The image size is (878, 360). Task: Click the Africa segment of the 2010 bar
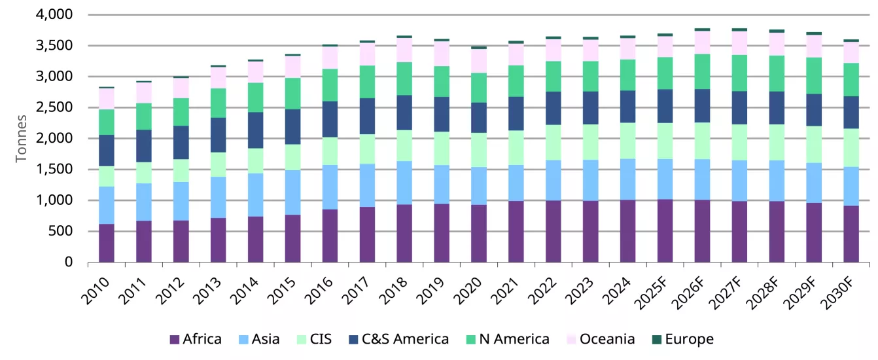[107, 243]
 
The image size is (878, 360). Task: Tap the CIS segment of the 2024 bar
[628, 141]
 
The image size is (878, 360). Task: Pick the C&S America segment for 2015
[292, 127]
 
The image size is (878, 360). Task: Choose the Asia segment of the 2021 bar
[516, 183]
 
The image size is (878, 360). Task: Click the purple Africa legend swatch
[175, 340]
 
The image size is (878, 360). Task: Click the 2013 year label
[208, 290]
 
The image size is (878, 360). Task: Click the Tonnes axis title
[22, 137]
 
